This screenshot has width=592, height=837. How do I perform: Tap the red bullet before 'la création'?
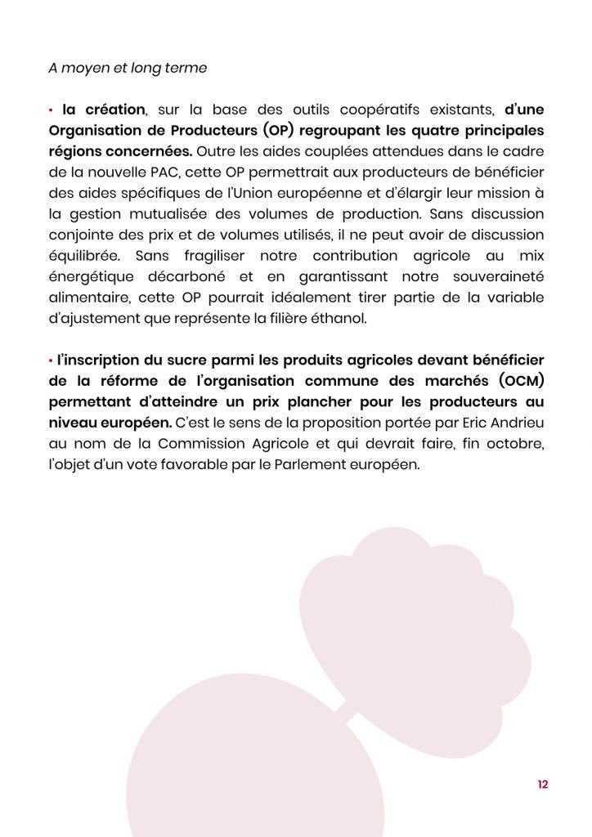click(51, 110)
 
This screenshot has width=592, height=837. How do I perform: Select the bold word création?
click(114, 110)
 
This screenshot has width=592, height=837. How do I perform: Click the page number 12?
click(543, 785)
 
